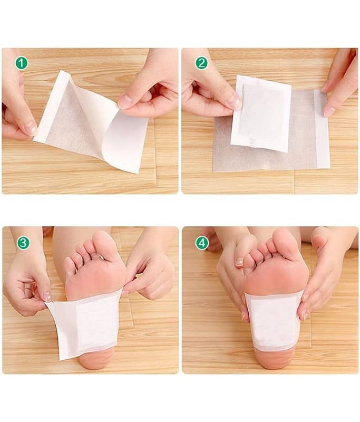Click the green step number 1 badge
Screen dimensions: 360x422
point(22,63)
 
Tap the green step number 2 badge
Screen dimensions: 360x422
point(202,63)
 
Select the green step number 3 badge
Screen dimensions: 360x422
point(23,243)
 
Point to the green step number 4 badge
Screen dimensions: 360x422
point(202,243)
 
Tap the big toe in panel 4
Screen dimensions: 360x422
point(283,241)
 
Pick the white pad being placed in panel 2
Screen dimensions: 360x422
point(261,113)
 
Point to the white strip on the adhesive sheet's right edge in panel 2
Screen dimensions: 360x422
point(322,129)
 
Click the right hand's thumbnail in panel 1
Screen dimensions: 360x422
point(124,102)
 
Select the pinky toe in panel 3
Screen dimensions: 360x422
point(70,266)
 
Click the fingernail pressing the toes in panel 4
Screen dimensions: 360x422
point(239,262)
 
